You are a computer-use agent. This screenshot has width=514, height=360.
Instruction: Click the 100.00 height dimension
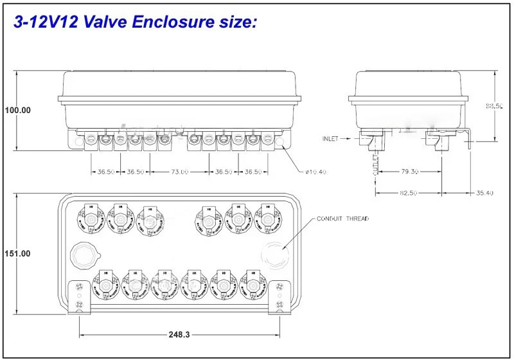18,110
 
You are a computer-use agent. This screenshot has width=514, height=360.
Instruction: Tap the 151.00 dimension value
18,253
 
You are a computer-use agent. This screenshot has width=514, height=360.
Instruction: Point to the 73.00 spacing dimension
180,172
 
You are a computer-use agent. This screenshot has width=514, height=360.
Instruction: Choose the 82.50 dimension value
408,193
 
